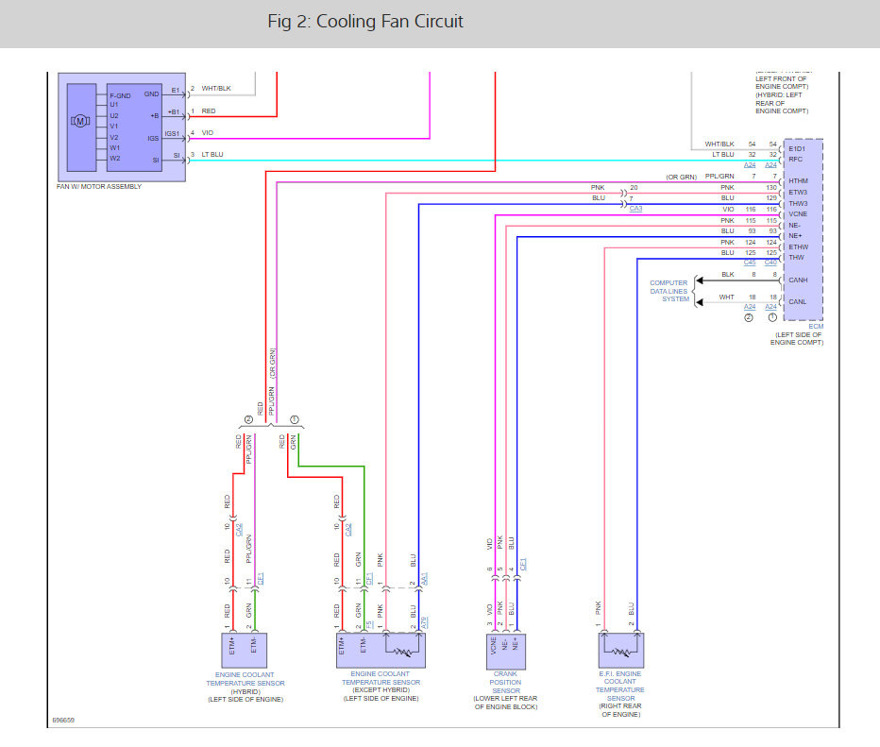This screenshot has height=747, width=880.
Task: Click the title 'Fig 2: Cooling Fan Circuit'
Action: (x=364, y=21)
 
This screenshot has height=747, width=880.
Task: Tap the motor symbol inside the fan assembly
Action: (x=80, y=121)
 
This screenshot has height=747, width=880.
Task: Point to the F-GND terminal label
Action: (x=120, y=95)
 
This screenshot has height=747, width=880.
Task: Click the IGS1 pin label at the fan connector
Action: (x=173, y=134)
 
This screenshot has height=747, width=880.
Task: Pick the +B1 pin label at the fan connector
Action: (x=173, y=111)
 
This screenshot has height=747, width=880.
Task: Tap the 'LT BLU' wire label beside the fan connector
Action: (x=213, y=154)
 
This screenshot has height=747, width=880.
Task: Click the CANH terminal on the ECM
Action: (x=799, y=280)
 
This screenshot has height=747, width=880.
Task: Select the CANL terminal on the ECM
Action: (x=799, y=302)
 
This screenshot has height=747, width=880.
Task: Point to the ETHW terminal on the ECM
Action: (x=799, y=246)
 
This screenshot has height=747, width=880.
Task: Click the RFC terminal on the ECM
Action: (x=795, y=159)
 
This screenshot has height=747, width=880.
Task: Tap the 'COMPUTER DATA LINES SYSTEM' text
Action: (x=668, y=292)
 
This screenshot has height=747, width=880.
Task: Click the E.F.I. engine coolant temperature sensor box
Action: (x=619, y=652)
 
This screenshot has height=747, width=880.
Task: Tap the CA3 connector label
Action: (x=635, y=209)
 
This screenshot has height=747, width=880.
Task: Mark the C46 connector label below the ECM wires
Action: (x=750, y=262)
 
